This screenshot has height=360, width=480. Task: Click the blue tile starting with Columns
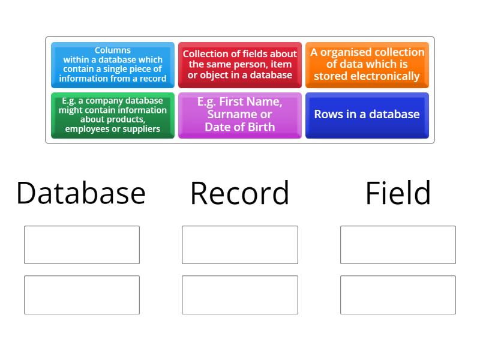point(113,65)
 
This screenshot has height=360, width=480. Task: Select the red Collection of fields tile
point(240,65)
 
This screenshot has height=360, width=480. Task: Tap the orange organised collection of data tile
point(367,65)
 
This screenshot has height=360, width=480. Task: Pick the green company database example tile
point(113,115)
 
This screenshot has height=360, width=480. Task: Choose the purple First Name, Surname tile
point(240,115)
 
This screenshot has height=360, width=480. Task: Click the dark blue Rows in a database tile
point(367,115)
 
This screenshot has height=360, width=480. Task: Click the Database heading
point(81,193)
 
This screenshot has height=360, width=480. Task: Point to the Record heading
point(240,193)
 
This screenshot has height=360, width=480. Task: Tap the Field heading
point(398,193)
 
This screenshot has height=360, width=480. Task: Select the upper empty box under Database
point(82,245)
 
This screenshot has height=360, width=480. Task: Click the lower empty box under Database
point(82,295)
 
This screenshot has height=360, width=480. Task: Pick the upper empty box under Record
point(240,245)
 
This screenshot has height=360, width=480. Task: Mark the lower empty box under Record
point(240,295)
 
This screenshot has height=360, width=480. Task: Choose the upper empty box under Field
point(398,245)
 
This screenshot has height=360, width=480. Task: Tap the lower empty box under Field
point(398,295)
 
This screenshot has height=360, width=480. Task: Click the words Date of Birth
point(240,127)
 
